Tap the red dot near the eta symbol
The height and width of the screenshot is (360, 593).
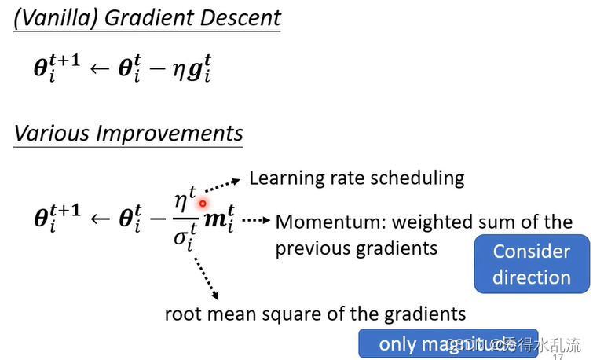click(x=203, y=203)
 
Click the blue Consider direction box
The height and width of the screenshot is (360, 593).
click(x=532, y=264)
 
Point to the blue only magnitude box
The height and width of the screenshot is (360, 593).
click(x=448, y=343)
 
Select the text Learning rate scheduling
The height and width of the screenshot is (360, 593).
click(x=357, y=178)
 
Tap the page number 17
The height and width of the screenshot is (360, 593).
click(x=559, y=356)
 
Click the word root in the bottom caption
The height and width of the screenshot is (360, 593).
click(x=183, y=314)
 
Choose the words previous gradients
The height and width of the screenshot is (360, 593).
click(x=356, y=248)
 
